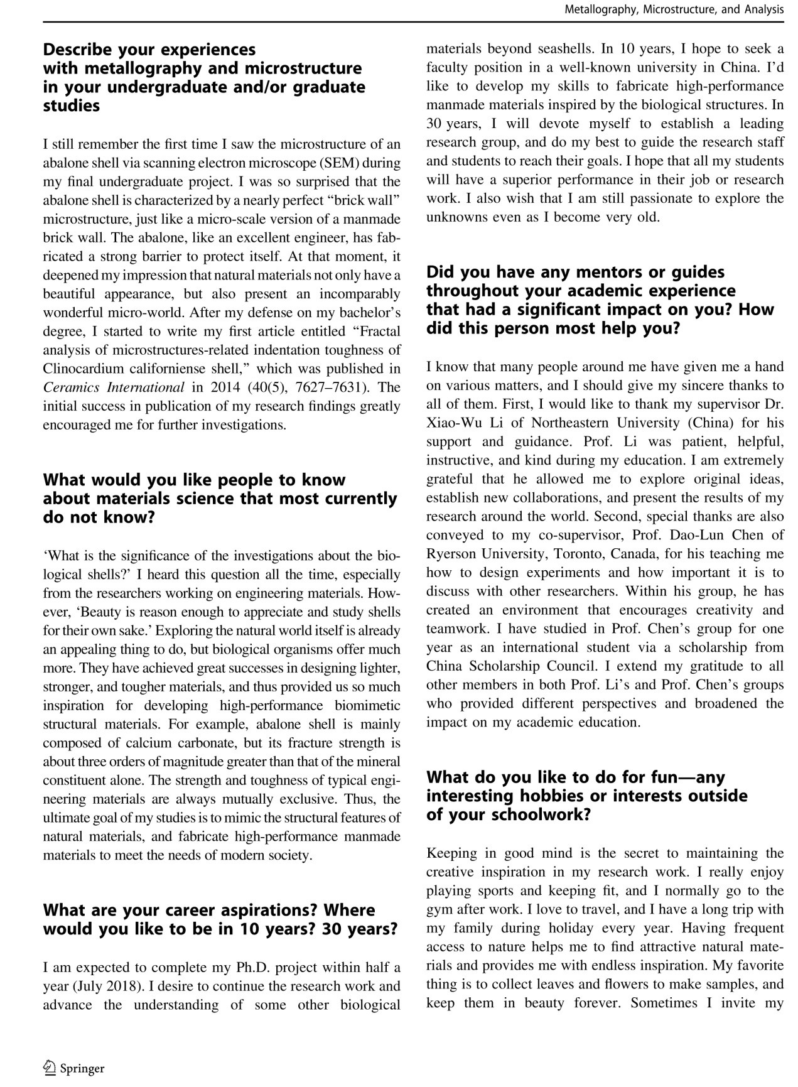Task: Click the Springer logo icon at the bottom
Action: (50, 1068)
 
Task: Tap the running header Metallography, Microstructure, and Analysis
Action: (674, 9)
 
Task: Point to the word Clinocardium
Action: (82, 369)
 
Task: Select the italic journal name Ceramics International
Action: (114, 387)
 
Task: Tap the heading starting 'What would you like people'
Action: (220, 499)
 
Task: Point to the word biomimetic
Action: (365, 706)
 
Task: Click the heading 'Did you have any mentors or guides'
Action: (600, 300)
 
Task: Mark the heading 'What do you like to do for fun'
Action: (587, 796)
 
